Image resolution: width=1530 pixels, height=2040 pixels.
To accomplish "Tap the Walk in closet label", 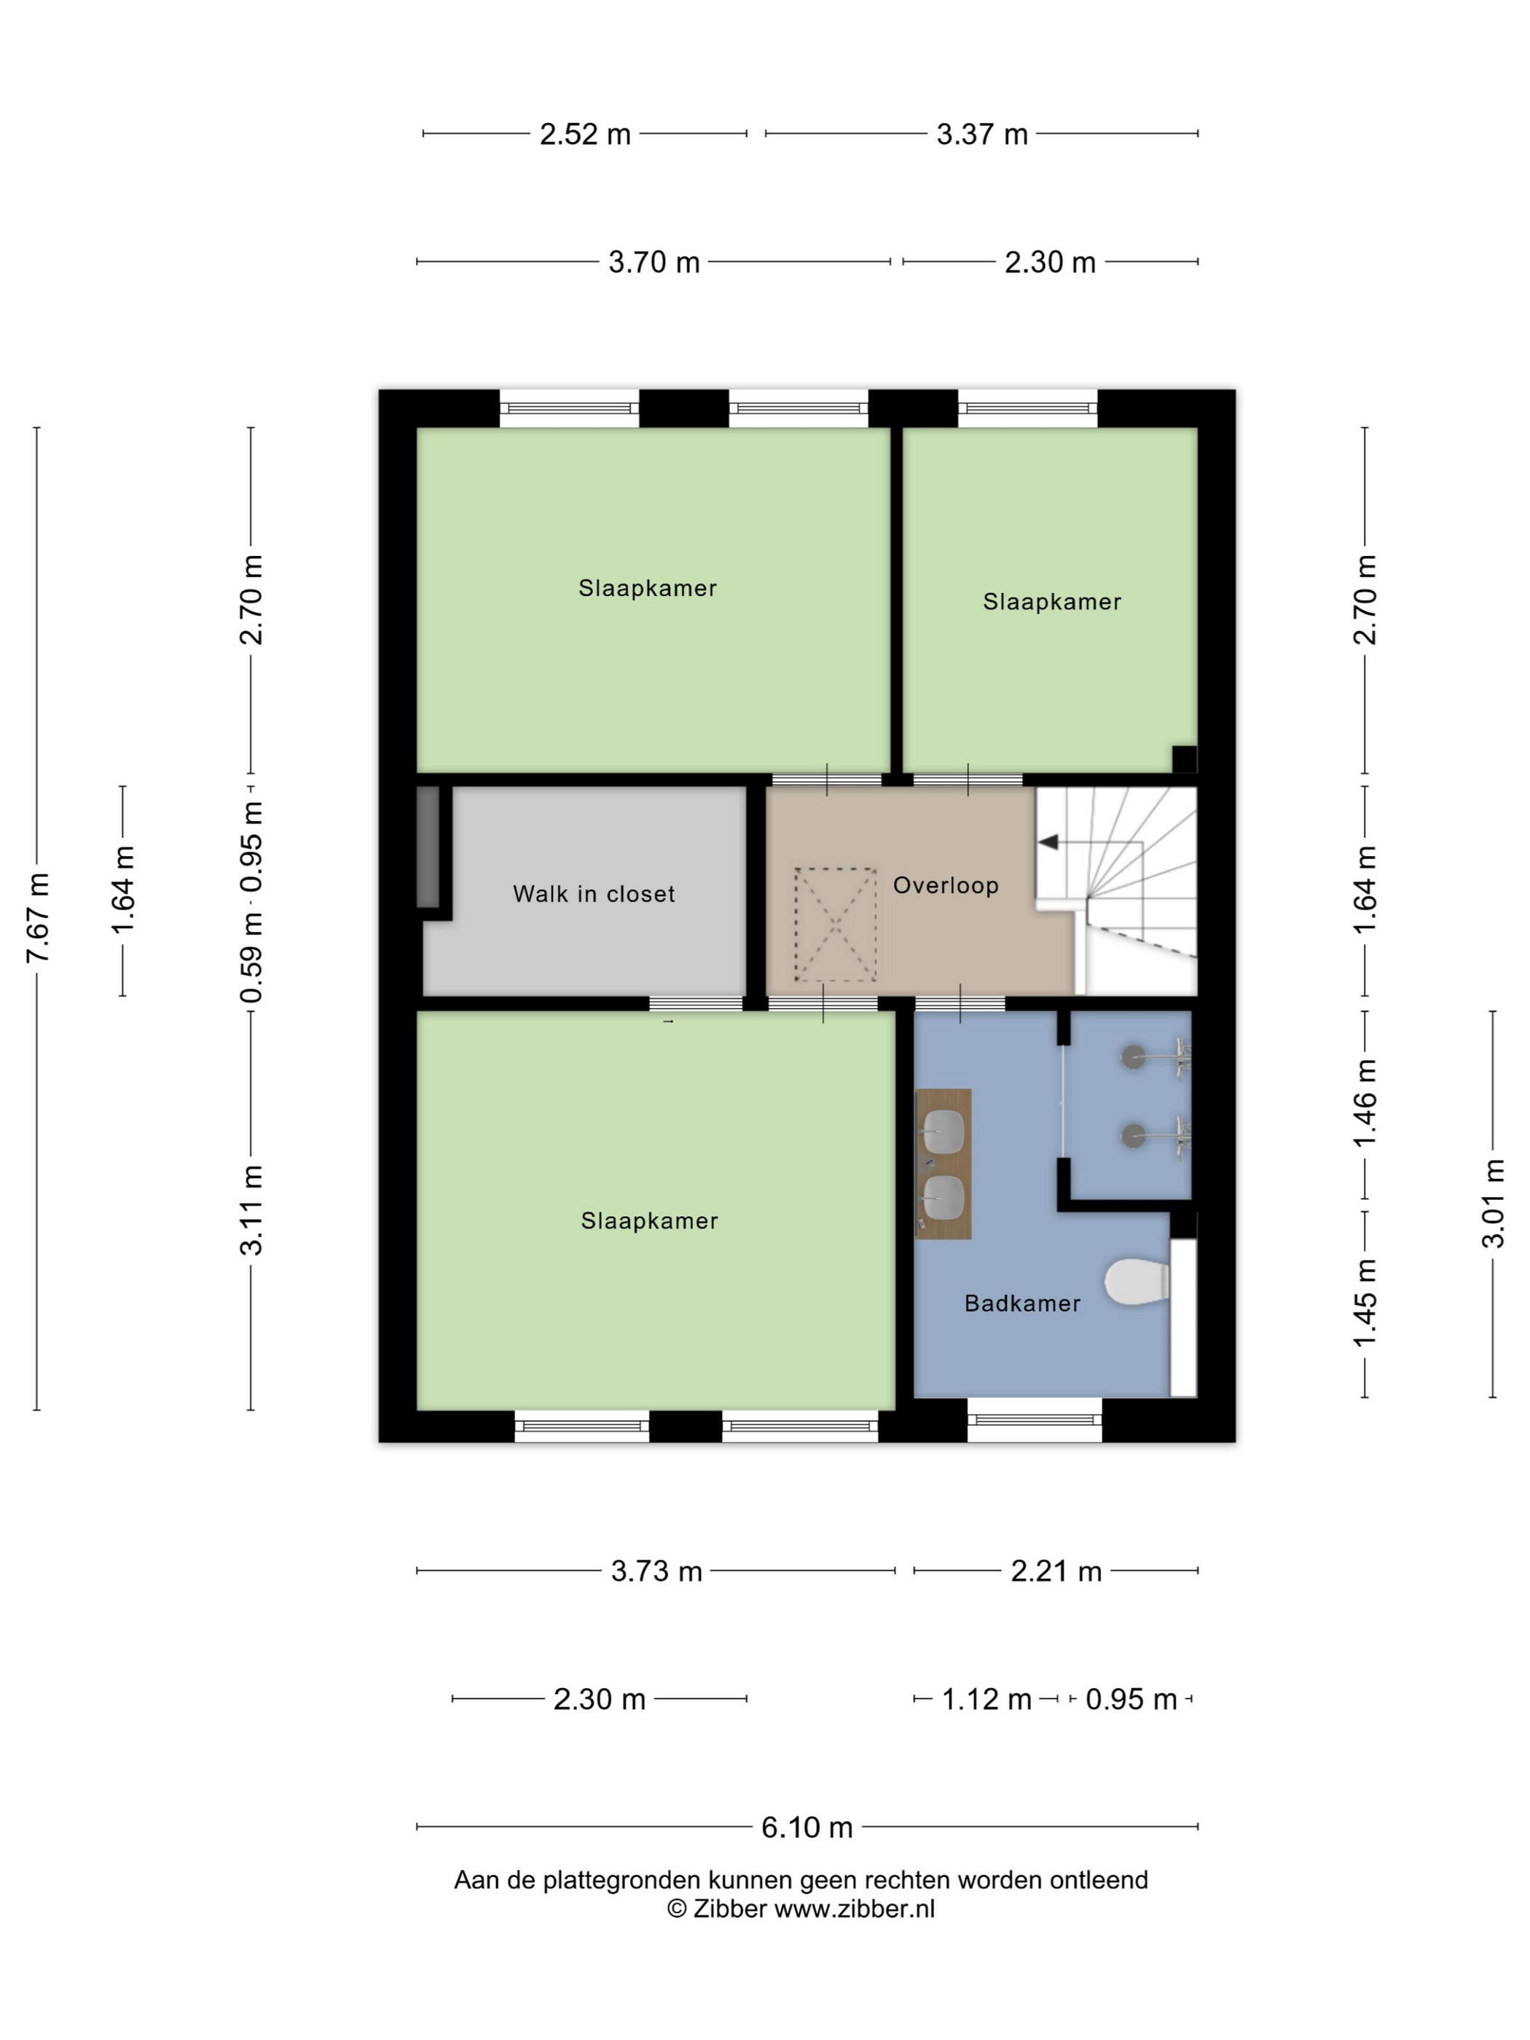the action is [x=594, y=894].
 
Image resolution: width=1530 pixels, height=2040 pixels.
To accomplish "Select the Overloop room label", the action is [x=945, y=885].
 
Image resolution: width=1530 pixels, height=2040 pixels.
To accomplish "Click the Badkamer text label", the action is [x=1022, y=1303].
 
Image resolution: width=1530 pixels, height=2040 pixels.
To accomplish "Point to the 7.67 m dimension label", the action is [x=38, y=917].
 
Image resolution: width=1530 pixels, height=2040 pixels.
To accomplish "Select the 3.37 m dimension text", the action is [x=982, y=135].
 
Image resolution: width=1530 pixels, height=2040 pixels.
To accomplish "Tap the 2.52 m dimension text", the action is [x=585, y=135].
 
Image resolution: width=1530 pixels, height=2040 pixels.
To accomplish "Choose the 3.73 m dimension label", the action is [x=656, y=1571].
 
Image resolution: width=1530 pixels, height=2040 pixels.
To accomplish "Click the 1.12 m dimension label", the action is [x=986, y=1699].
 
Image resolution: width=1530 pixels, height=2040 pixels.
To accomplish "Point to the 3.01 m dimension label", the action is [x=1493, y=1204].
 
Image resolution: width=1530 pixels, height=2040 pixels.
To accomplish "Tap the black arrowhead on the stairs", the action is [x=1048, y=842].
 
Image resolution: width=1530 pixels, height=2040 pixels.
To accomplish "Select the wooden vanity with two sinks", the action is [x=943, y=1163].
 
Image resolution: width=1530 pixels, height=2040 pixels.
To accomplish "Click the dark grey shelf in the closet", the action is [x=428, y=847].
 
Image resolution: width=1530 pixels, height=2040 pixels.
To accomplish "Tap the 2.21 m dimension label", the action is [x=1056, y=1571].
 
